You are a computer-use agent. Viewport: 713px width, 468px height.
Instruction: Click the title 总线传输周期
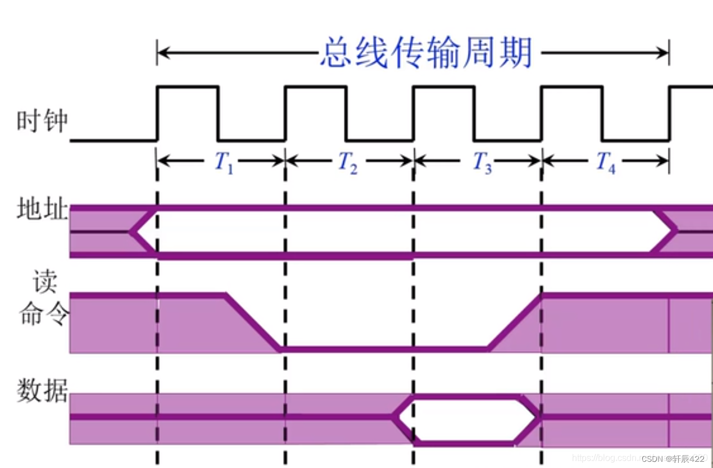pyautogui.click(x=426, y=54)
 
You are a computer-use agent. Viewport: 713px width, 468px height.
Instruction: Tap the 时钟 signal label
pyautogui.click(x=42, y=121)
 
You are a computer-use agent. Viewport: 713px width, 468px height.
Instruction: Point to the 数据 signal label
pyautogui.click(x=42, y=391)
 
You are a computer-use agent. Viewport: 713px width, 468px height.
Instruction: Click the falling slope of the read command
pyautogui.click(x=253, y=321)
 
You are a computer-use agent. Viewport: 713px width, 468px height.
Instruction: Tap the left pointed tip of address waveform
pyautogui.click(x=133, y=231)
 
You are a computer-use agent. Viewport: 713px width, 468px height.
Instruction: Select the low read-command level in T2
pyautogui.click(x=348, y=349)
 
